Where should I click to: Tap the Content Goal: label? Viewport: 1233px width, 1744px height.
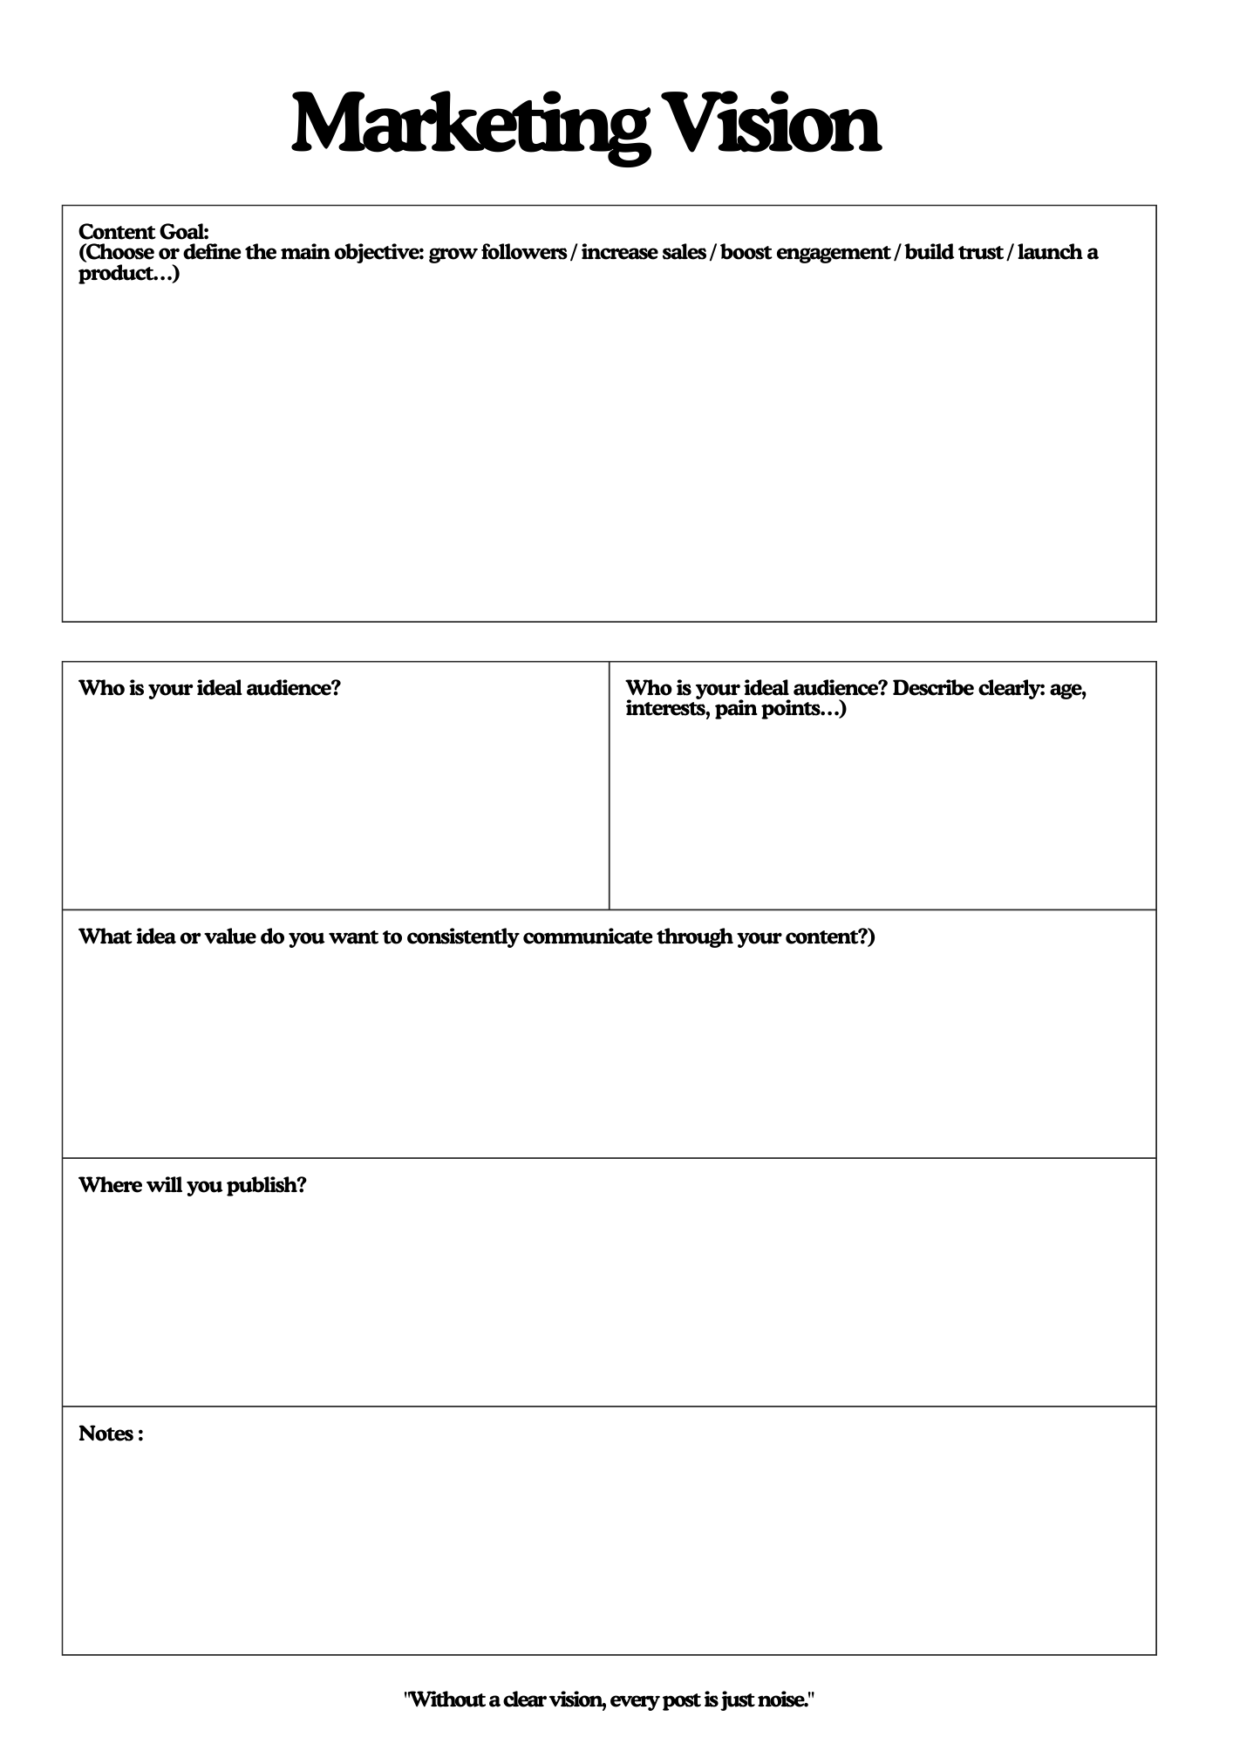144,232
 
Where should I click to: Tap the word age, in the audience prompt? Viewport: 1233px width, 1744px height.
1068,689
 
